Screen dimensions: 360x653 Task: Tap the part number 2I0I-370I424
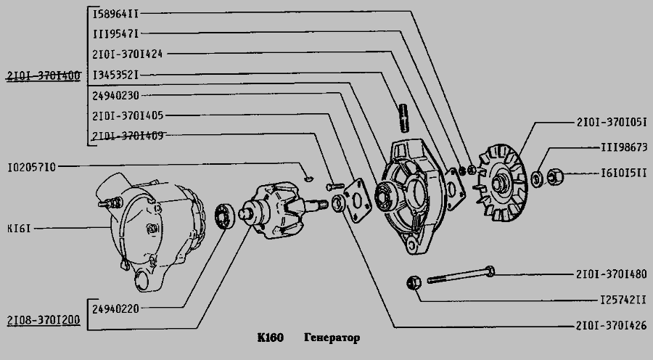[128, 54]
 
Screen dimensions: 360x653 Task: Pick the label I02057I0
[31, 167]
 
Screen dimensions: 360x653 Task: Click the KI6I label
[18, 228]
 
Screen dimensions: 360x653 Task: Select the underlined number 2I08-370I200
[43, 321]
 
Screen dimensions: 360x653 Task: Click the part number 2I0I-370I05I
[611, 121]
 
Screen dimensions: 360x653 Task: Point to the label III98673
[623, 147]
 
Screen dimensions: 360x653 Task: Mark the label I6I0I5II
[623, 174]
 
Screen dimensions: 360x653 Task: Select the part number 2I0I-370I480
[611, 274]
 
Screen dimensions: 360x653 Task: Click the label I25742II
[623, 299]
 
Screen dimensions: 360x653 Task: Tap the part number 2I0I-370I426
[611, 326]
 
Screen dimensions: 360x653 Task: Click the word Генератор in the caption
[331, 339]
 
